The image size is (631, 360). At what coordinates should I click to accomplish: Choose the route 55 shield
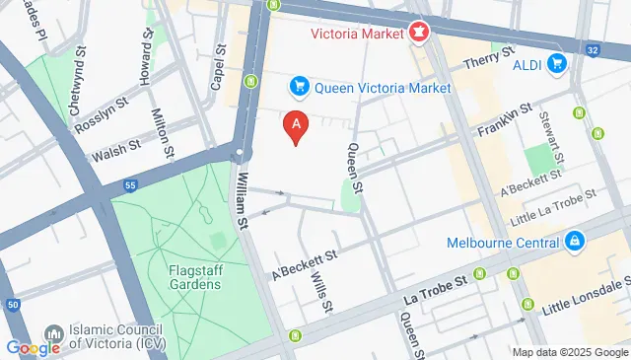(129, 184)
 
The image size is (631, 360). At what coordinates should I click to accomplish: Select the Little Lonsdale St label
(586, 298)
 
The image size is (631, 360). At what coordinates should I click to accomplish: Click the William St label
(242, 197)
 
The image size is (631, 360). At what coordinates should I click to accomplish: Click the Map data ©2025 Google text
(570, 352)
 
